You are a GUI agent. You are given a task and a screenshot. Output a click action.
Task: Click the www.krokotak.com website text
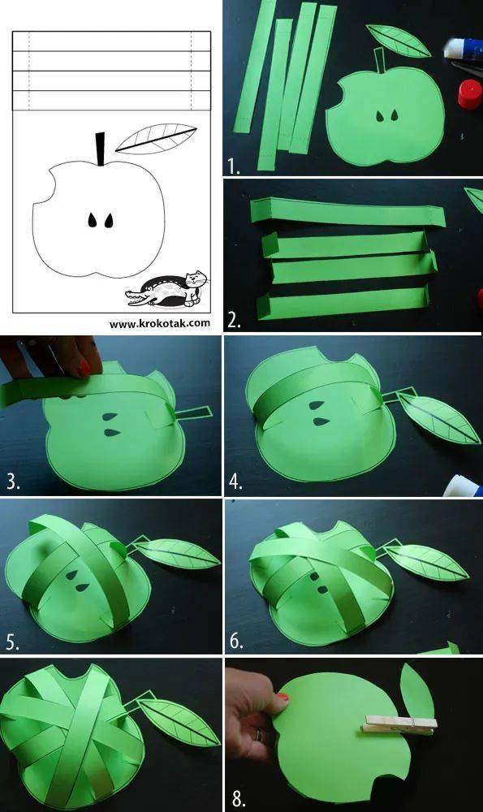160,323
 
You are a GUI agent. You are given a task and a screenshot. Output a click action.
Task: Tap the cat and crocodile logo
166,289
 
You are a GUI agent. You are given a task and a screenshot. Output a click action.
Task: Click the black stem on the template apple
100,149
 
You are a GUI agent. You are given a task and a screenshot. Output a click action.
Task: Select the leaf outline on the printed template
156,138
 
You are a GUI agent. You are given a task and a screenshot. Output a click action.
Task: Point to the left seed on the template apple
93,220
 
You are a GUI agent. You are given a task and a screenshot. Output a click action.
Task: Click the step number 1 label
234,166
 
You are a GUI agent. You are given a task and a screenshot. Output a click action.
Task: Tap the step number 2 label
234,321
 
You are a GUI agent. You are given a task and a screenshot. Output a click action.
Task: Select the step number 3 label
13,482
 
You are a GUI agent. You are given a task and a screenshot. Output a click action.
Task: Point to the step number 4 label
235,482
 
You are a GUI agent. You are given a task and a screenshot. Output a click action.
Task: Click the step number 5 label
13,642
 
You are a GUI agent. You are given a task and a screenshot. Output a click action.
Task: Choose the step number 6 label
236,641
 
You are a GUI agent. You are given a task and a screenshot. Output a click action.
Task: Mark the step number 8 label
238,799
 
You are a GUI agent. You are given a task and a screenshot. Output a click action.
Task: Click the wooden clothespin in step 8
399,724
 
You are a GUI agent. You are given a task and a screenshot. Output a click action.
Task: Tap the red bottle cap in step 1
470,93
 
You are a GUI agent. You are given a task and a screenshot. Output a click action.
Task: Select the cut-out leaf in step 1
398,40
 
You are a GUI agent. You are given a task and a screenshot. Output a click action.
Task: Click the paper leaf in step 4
438,417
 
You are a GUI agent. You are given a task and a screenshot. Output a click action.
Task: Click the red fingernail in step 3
84,368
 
